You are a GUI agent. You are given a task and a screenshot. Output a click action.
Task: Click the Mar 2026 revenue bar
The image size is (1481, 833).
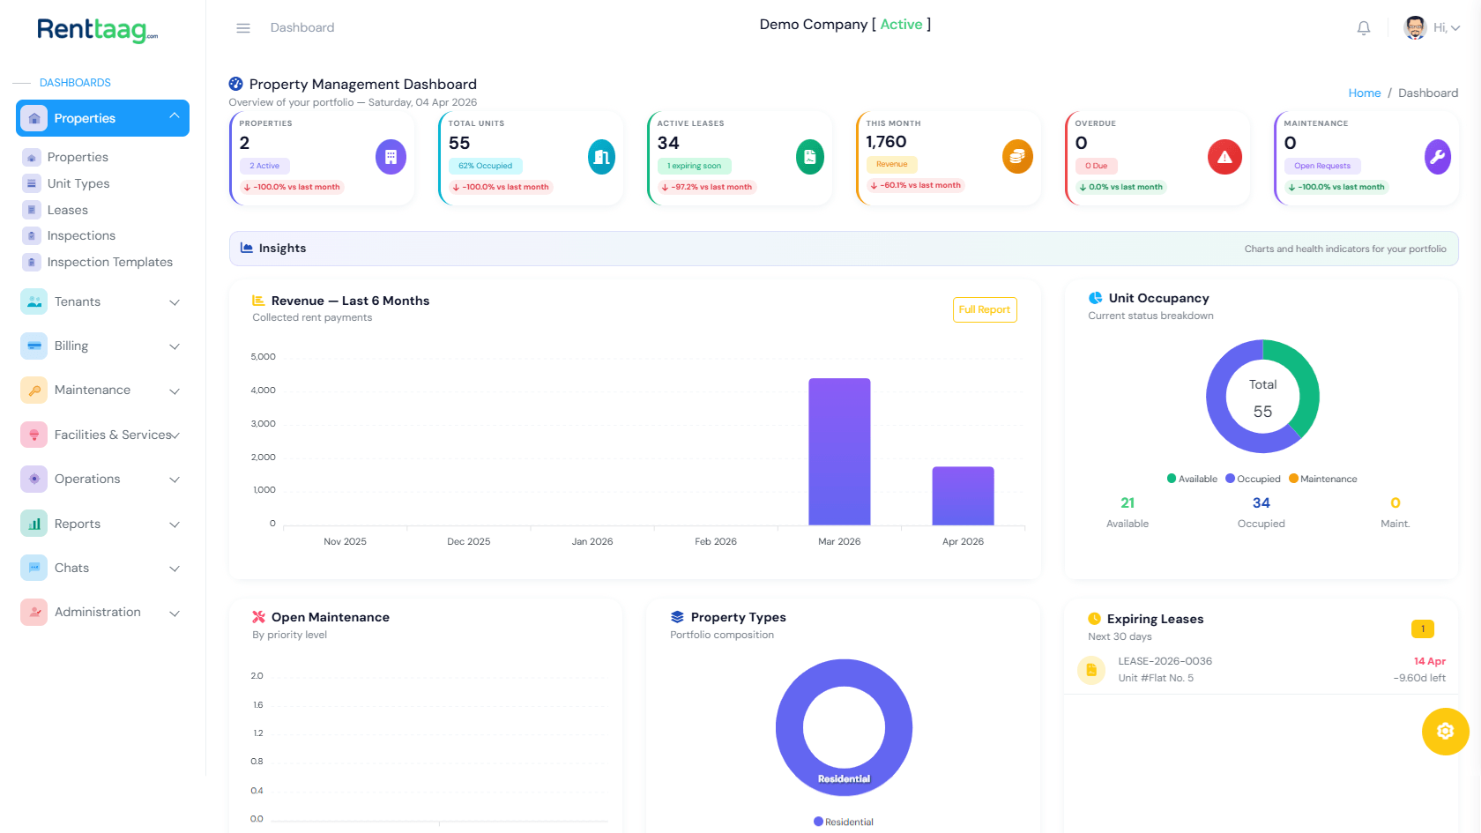[839, 451]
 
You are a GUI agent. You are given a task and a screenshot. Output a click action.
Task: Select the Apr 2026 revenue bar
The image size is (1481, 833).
[963, 495]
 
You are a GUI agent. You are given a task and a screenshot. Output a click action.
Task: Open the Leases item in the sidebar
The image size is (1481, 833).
[67, 210]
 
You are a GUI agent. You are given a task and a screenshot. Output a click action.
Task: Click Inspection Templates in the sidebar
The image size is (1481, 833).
[109, 262]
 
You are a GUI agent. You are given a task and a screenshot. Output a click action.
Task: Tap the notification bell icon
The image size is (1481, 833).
[1364, 28]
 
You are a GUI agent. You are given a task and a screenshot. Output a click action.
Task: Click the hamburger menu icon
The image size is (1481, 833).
[243, 28]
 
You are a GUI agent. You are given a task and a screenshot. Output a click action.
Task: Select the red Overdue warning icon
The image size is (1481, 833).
[1224, 157]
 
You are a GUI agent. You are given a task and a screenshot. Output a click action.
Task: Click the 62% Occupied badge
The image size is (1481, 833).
[486, 166]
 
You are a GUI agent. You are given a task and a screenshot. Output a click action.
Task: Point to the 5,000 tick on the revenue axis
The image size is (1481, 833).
[263, 357]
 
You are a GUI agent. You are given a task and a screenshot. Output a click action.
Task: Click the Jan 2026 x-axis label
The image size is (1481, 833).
[592, 541]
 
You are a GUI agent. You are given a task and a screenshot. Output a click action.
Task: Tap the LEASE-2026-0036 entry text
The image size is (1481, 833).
[1165, 661]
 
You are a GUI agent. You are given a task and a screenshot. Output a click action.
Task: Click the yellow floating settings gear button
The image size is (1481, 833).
[1445, 731]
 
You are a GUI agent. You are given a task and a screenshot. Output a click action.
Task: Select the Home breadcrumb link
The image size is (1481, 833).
[1364, 93]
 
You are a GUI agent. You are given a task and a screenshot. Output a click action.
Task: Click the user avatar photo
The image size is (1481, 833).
[1415, 27]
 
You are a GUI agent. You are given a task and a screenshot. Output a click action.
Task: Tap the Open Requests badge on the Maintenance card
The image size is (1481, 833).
[1321, 166]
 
